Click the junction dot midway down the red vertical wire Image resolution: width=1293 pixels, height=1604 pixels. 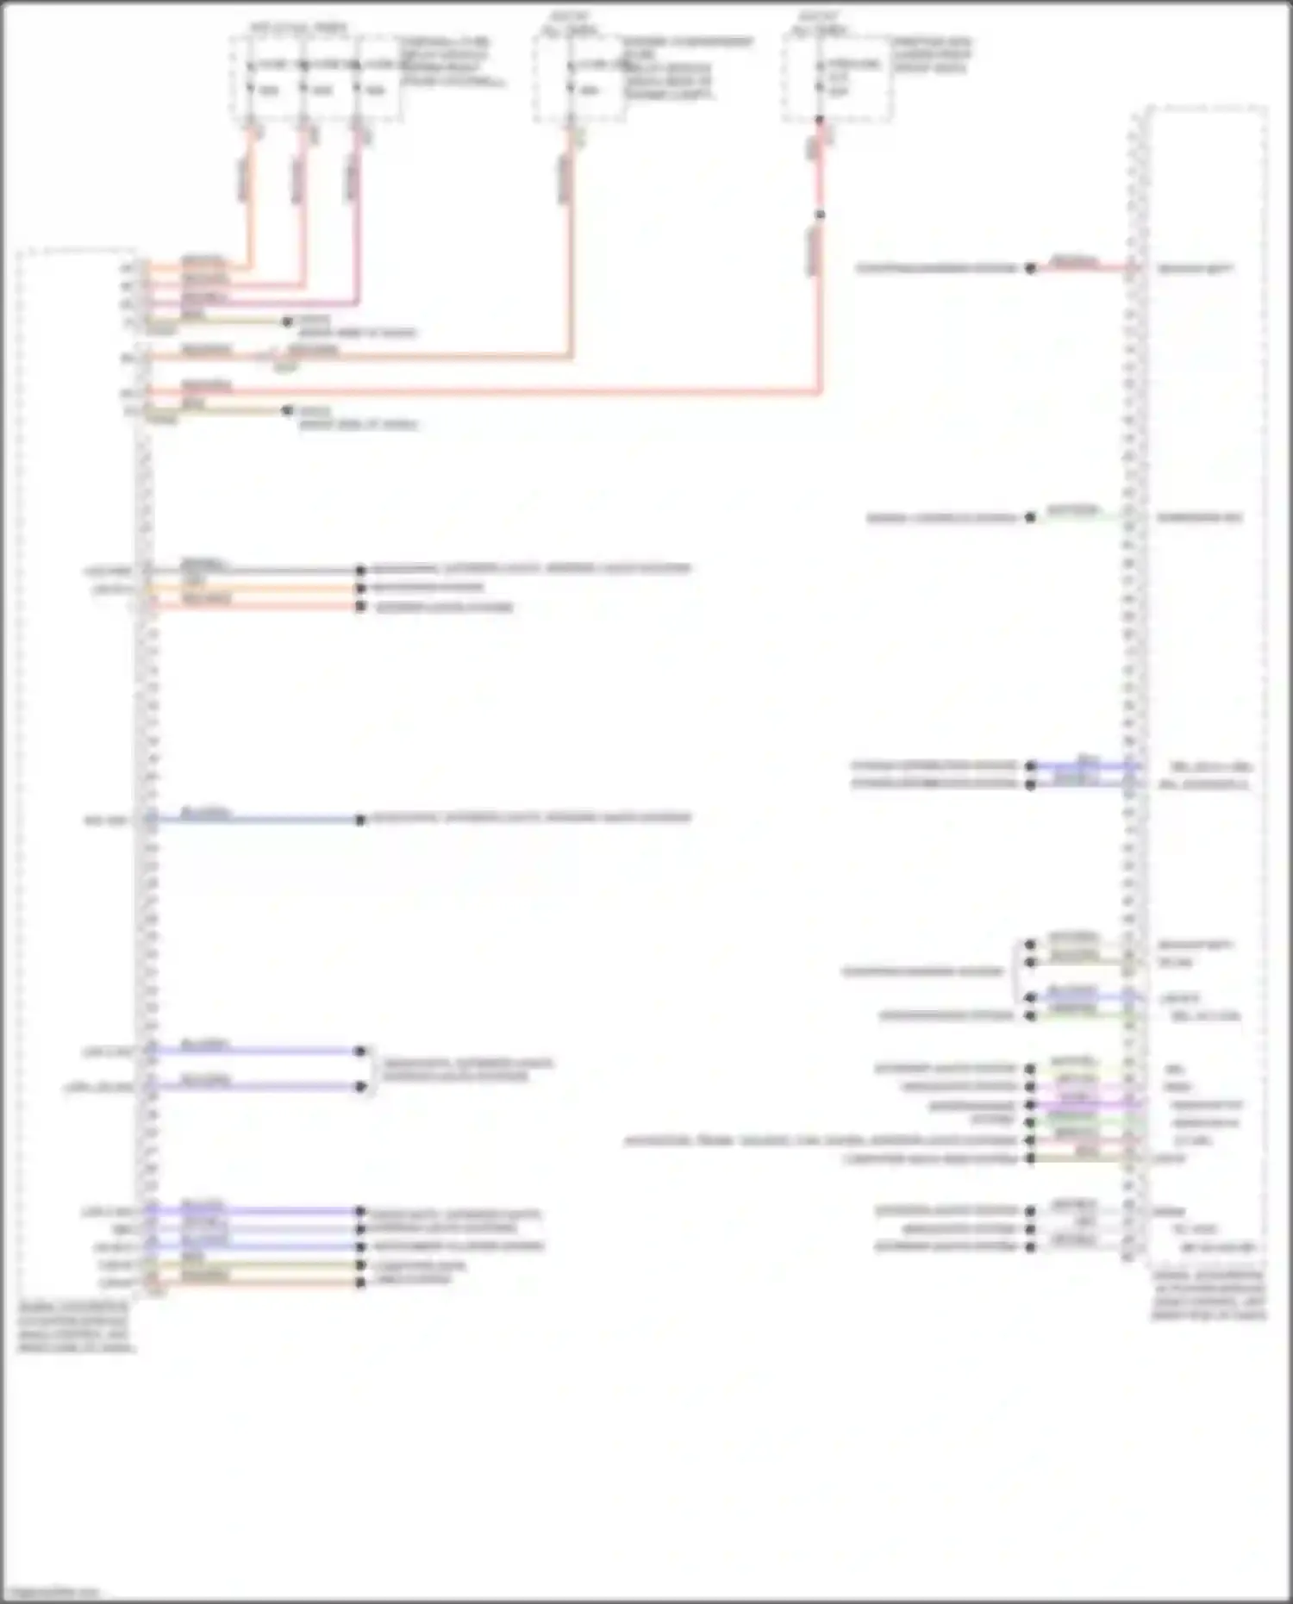(x=820, y=215)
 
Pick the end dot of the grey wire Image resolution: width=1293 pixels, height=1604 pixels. (x=361, y=570)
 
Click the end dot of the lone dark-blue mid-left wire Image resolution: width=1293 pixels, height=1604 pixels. (x=361, y=820)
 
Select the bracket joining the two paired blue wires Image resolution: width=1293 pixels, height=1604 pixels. (x=371, y=1069)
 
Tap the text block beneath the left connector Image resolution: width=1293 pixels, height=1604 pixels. (x=76, y=1327)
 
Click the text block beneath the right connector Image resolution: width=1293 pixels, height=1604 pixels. (x=1209, y=1295)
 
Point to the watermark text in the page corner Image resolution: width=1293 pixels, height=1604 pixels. (x=52, y=1592)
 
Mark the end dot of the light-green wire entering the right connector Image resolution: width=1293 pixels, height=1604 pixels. (x=1030, y=518)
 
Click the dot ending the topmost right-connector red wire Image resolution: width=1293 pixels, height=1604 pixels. (x=1030, y=268)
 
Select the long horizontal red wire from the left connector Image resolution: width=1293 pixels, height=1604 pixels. (x=483, y=392)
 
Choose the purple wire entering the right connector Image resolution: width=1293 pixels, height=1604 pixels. (x=1086, y=1104)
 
